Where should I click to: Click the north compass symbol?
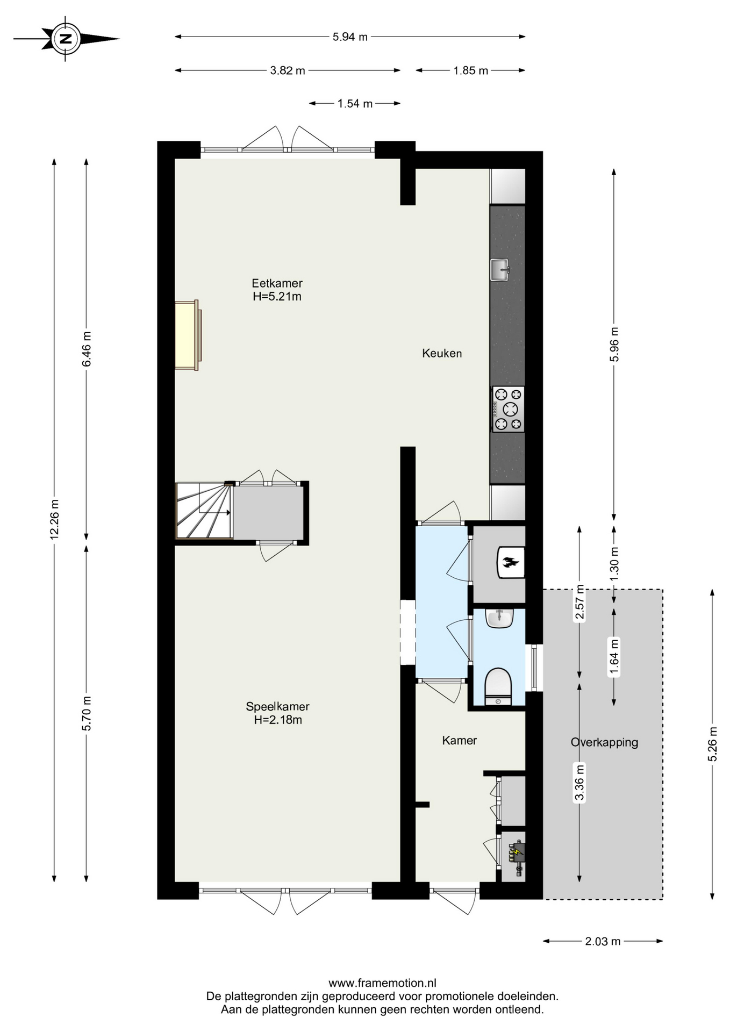66,39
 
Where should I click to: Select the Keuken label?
442,353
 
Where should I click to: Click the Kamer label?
459,740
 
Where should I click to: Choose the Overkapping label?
604,742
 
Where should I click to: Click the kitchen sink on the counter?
499,269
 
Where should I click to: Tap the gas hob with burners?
508,409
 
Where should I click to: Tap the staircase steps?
204,510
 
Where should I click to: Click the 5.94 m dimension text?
350,37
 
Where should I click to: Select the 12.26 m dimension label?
54,519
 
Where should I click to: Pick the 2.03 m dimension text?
603,941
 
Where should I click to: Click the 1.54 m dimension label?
355,104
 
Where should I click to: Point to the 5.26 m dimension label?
713,744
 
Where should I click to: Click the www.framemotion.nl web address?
382,983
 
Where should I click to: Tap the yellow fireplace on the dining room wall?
188,335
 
